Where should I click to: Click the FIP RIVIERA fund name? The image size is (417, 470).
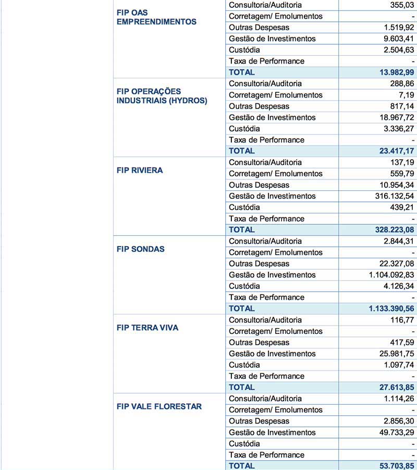tap(140, 171)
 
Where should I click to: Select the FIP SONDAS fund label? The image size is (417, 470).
tap(140, 249)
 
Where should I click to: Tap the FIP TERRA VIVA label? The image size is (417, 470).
tap(148, 328)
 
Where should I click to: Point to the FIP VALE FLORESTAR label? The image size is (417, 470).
tap(159, 407)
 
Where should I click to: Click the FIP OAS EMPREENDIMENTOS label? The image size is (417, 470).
tap(156, 17)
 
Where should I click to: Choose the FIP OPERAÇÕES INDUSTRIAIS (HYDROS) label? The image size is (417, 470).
tap(162, 96)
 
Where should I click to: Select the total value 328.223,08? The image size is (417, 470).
tap(390, 230)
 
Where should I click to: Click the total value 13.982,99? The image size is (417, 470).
tap(393, 73)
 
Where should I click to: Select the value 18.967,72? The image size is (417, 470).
tap(393, 117)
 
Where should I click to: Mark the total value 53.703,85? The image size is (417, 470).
tap(393, 466)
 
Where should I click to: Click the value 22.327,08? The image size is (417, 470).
tap(393, 264)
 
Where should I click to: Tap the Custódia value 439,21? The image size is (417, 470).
tap(400, 208)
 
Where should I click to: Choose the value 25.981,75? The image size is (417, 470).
tap(393, 354)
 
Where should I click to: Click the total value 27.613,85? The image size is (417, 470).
tap(393, 388)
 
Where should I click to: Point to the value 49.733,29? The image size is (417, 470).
tap(393, 432)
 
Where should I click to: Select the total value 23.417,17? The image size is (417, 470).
tap(393, 151)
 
